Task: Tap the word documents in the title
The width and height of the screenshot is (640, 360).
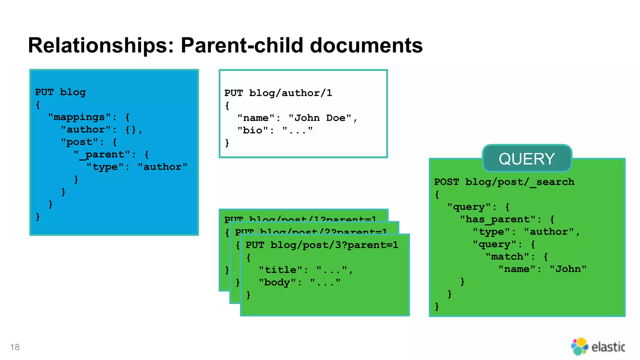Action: pos(366,46)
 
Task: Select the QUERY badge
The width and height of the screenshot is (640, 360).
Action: pos(527,158)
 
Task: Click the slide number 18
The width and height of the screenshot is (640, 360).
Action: pos(15,347)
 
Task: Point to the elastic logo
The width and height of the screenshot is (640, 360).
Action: pos(597,347)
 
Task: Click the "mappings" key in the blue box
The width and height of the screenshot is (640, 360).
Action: pos(79,117)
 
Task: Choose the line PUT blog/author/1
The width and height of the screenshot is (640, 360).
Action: pos(278,93)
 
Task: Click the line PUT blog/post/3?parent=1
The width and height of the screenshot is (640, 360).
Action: pos(322,245)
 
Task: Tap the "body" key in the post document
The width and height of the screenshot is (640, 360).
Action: pos(277,282)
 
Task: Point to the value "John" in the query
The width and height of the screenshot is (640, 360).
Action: pos(568,269)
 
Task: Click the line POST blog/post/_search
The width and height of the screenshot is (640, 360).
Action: pos(504,182)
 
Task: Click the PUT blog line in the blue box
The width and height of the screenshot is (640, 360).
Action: pos(60,92)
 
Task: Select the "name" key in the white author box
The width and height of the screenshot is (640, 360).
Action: pos(256,118)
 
